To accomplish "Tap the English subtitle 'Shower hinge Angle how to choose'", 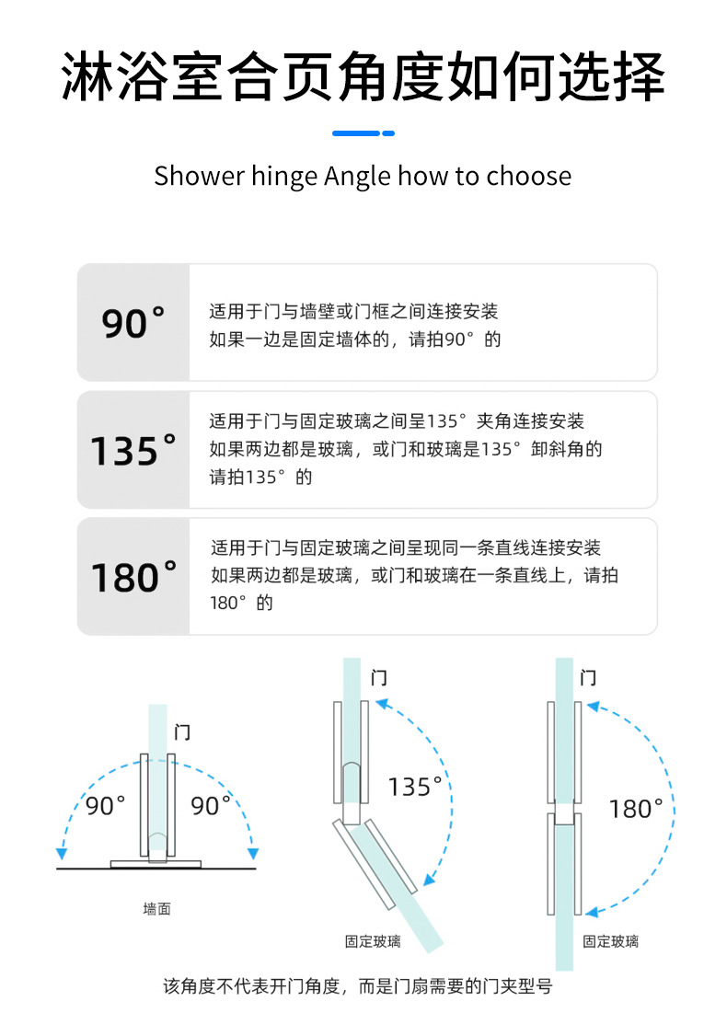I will point(363,176).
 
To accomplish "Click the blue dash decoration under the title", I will point(363,133).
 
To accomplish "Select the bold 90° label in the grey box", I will point(133,323).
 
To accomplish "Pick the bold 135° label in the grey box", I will point(133,450).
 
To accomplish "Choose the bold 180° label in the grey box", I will point(133,577).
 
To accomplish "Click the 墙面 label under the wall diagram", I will point(156,909).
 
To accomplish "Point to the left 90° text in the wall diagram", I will point(106,806).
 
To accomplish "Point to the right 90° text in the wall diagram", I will point(211,806).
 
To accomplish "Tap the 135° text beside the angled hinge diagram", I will point(415,787).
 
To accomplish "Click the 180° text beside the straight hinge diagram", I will point(636,809).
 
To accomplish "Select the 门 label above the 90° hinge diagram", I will point(183,732).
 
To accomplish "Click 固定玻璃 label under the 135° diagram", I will point(373,941).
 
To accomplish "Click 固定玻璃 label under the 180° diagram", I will point(611,941).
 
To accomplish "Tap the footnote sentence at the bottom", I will point(358,986).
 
